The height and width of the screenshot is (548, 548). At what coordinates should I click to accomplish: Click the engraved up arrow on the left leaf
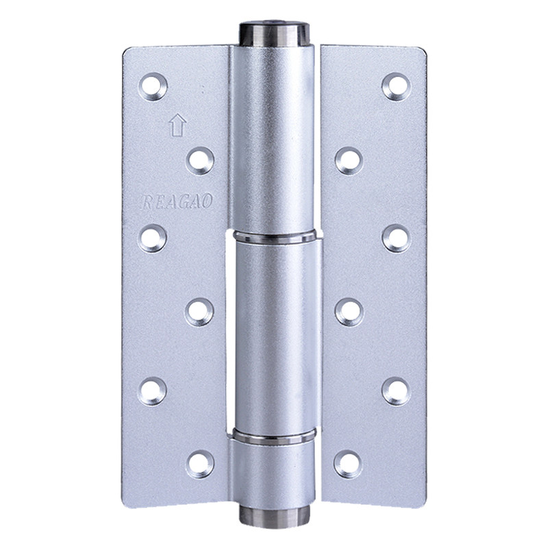click(177, 125)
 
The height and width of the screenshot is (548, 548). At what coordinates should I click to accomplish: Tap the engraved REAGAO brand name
click(177, 201)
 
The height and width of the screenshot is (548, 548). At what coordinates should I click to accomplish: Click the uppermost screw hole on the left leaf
click(153, 87)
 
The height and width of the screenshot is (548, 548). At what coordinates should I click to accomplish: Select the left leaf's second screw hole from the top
click(200, 161)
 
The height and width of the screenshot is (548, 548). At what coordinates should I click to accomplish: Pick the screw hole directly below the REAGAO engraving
click(152, 238)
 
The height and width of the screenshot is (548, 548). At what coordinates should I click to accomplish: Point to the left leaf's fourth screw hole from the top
click(199, 312)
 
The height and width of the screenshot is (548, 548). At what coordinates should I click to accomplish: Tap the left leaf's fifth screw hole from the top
click(152, 391)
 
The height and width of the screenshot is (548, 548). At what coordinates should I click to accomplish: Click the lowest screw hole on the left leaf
click(200, 464)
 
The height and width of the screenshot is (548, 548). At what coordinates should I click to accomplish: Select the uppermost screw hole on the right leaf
click(396, 87)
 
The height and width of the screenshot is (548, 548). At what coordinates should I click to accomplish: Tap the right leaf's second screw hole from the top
click(349, 161)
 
